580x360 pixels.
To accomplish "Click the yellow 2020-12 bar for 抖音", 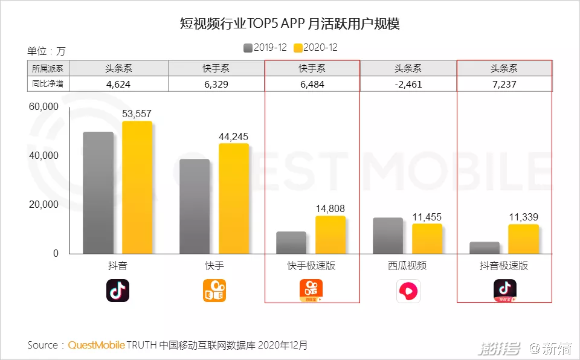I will click(137, 187).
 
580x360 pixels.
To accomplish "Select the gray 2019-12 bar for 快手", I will click(195, 207).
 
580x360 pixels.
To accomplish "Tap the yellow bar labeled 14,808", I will click(330, 235).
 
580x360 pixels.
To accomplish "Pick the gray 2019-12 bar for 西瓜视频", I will click(388, 236).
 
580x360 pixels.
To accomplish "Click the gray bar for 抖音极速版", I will click(485, 248).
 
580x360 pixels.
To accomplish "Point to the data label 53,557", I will click(137, 114).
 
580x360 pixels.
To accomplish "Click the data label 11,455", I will click(427, 217).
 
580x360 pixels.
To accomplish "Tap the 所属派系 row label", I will click(47, 69).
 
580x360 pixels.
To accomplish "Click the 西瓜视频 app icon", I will click(408, 291).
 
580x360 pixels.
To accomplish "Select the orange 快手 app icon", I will click(214, 291).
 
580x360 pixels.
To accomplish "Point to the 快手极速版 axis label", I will click(311, 266).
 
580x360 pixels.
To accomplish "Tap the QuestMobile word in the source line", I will click(97, 345).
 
